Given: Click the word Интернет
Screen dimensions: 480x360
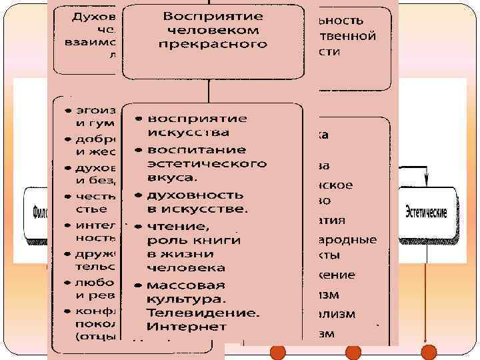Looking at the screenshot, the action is pos(187,327).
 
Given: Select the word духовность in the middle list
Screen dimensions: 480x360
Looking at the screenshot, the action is pos(188,195).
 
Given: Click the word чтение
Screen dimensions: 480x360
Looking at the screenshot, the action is pos(174,225).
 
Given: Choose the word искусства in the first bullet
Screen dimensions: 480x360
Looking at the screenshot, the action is pos(180,132).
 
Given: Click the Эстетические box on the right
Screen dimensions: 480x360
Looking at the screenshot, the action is pos(427,213).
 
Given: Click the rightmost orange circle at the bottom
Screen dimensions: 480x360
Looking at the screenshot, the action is pos(429,351).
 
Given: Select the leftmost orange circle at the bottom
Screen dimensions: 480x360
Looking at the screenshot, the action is pos(277,351).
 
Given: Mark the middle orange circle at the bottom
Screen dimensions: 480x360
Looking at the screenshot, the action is pos(353,351).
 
